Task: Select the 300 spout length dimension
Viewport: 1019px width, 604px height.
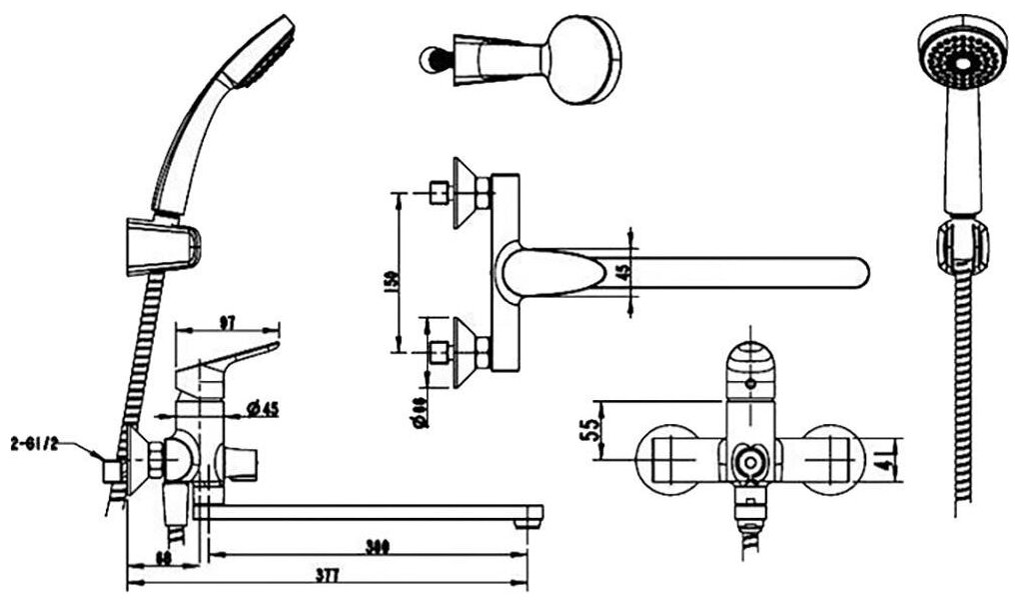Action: pos(376,546)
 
